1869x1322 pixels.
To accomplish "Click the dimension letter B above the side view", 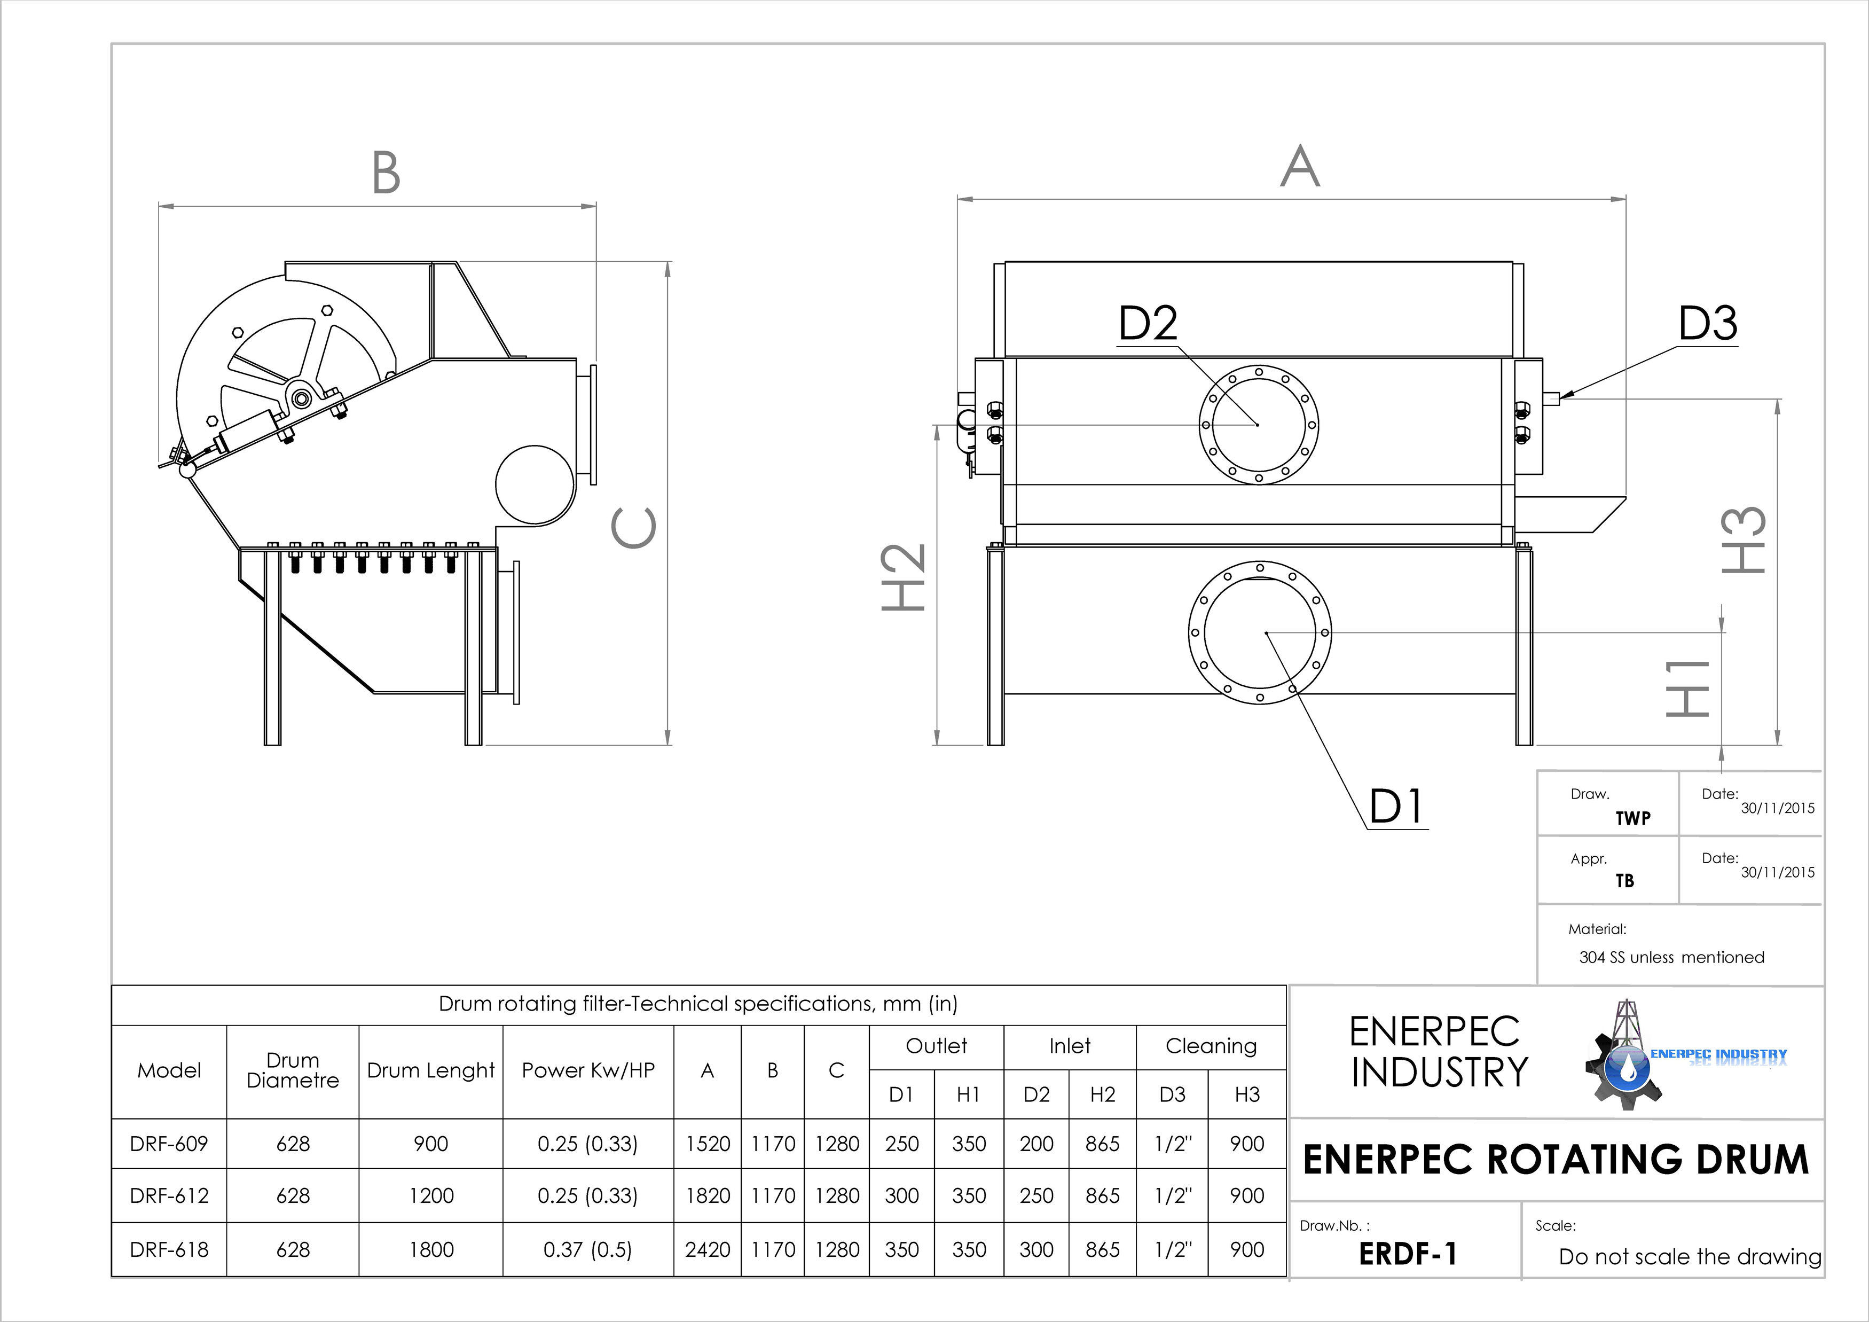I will (386, 173).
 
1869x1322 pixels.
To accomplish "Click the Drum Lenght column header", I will (430, 1070).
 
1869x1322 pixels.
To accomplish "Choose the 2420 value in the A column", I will (708, 1249).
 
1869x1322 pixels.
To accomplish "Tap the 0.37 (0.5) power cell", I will (588, 1249).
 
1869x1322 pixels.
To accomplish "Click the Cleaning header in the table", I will (1211, 1046).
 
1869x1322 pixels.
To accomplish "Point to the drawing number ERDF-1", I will (1408, 1254).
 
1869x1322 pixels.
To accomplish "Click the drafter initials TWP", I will (1633, 818).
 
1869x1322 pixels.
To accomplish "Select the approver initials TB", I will (1625, 881).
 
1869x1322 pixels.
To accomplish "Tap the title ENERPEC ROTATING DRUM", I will (1556, 1159).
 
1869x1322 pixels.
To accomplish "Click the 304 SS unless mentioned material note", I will (1671, 957).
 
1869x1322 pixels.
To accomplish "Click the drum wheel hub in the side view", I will (303, 398).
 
